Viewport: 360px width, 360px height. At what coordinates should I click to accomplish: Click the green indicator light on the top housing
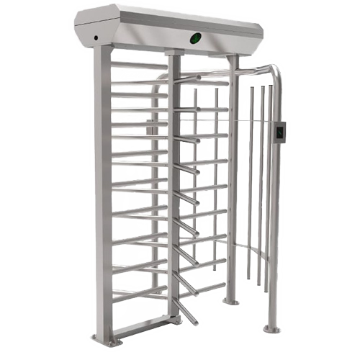click(196, 37)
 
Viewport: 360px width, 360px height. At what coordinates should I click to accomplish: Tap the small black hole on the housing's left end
click(94, 37)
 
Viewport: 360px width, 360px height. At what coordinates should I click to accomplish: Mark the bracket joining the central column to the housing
click(174, 53)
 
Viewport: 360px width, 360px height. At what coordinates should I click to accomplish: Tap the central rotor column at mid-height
click(174, 187)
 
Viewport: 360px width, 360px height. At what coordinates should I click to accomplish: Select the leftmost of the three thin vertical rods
click(249, 180)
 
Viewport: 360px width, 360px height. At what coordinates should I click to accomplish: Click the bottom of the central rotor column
click(173, 317)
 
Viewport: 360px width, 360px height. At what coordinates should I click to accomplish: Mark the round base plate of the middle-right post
click(230, 300)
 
